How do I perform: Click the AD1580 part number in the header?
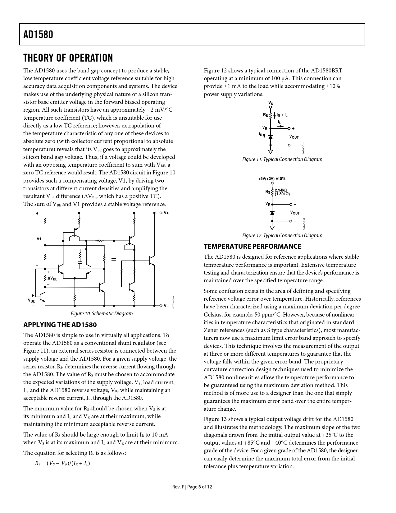coord(38,35)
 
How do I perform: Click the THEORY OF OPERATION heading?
coord(68,58)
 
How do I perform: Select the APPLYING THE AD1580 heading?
coord(60,325)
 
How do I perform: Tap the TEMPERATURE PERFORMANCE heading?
coord(252,247)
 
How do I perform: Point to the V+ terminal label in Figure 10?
coord(166,213)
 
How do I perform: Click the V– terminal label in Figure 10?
coord(166,306)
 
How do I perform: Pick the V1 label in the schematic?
coord(39,239)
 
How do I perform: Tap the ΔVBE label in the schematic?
coord(52,279)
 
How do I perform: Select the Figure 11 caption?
coord(282,159)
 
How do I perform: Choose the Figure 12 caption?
coord(282,236)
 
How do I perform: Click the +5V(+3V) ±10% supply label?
coord(271,179)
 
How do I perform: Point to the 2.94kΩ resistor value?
coord(281,190)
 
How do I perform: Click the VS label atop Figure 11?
coord(271,103)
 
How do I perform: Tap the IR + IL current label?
coord(282,115)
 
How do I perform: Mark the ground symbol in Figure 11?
coord(271,152)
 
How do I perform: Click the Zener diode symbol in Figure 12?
coord(272,213)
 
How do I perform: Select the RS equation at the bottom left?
coord(62,464)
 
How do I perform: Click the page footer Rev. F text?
coord(178,487)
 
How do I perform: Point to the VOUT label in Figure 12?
coord(295,213)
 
